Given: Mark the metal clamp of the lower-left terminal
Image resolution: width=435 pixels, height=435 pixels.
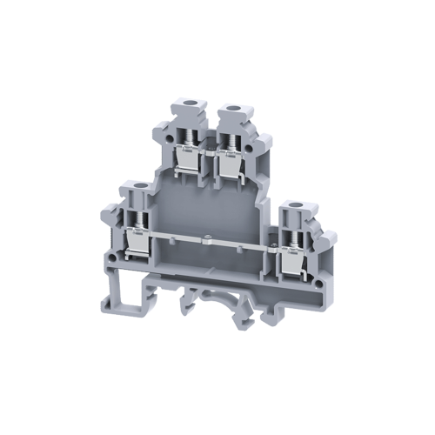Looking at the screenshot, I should point(136,244).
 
